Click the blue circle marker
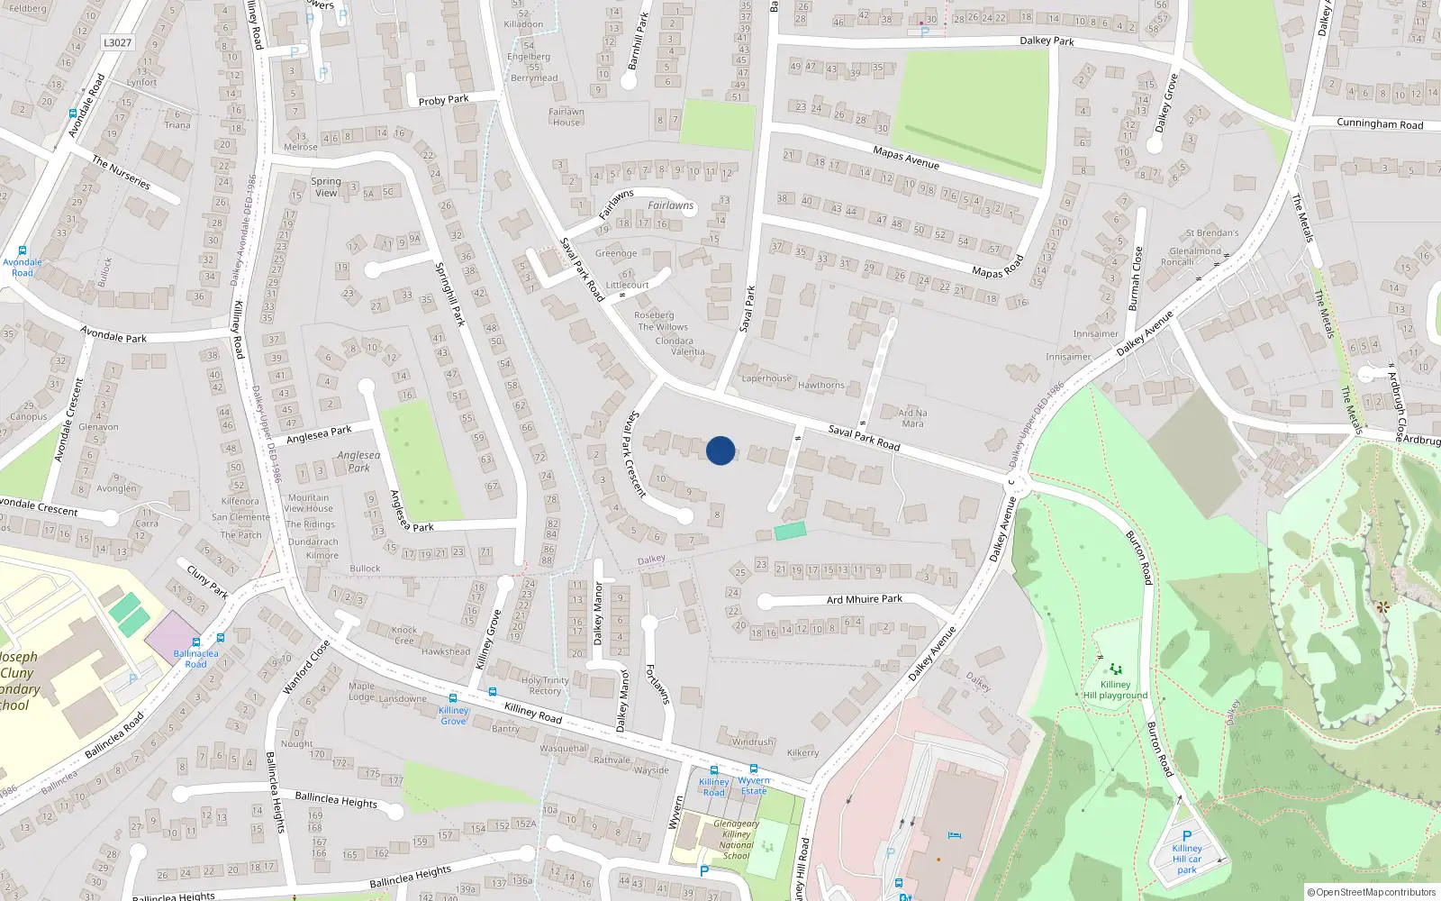click(x=720, y=450)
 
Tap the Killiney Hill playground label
click(x=1115, y=689)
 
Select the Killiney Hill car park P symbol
click(x=1187, y=836)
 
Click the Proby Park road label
click(x=443, y=100)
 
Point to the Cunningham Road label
click(x=1380, y=123)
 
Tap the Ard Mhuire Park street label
click(x=864, y=599)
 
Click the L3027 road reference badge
click(x=117, y=42)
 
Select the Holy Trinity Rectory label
click(x=545, y=686)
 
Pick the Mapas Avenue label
click(x=905, y=158)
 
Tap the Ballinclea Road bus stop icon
click(x=221, y=639)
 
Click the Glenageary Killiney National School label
click(x=736, y=840)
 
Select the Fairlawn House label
click(x=566, y=117)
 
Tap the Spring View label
click(x=326, y=187)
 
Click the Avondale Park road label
click(x=113, y=334)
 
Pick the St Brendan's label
click(x=1211, y=232)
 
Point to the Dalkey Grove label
click(x=1166, y=105)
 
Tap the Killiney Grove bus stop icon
click(x=452, y=698)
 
